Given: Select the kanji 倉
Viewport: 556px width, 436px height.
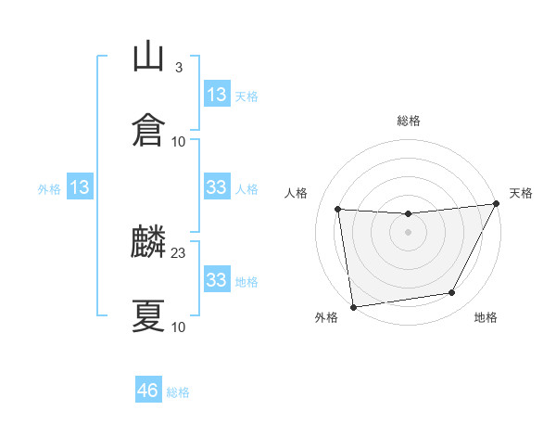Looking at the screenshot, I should [x=148, y=130].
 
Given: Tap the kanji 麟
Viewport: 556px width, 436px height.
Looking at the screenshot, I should [x=148, y=244].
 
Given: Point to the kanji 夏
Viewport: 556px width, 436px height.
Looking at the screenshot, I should [x=148, y=315].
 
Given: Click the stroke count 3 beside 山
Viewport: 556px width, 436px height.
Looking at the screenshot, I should [x=178, y=68].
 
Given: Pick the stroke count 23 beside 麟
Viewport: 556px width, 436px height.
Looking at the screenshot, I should [x=179, y=253].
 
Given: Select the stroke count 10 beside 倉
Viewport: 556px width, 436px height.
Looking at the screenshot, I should [x=179, y=141].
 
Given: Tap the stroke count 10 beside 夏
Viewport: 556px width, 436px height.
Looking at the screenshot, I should [x=179, y=327].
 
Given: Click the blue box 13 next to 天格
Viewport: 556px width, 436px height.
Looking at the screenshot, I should [x=217, y=95].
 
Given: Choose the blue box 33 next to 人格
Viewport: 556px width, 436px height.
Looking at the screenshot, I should [x=217, y=187].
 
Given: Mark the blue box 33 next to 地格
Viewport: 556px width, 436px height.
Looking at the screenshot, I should [x=217, y=280].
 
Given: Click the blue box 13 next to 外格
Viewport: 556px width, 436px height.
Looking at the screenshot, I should [x=80, y=188].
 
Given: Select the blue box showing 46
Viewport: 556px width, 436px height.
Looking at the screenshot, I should [x=148, y=391].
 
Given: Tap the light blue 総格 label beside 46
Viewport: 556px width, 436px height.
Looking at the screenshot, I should [x=178, y=392].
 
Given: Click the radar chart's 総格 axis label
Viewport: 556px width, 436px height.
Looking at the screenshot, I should [x=408, y=121].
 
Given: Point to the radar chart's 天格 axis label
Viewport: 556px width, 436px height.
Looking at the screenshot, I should [x=521, y=193].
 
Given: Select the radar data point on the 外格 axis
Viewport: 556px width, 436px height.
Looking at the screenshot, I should [x=352, y=306].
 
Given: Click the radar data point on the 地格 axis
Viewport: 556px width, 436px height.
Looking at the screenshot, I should [x=452, y=293].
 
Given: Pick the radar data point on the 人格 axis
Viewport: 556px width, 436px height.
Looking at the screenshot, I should [x=338, y=210].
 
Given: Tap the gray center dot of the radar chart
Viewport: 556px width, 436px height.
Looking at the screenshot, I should [x=408, y=232].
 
